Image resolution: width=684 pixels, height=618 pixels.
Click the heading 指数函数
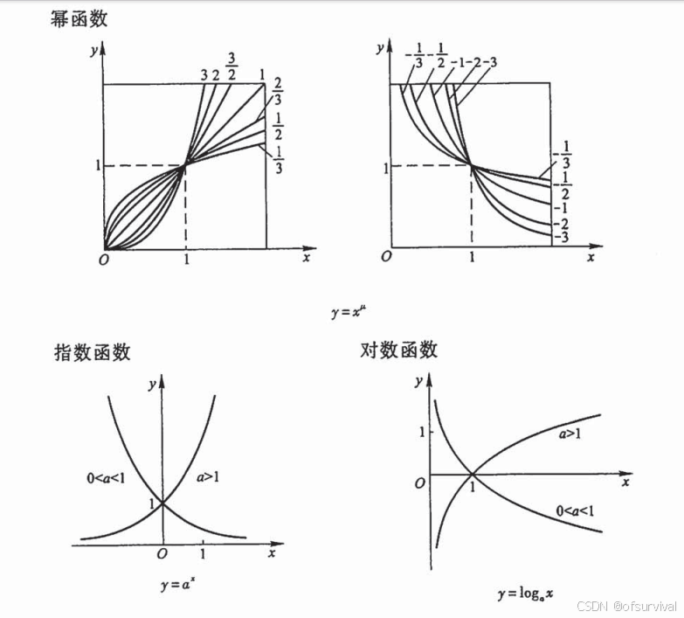(92, 352)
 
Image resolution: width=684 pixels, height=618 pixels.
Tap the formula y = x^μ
(345, 309)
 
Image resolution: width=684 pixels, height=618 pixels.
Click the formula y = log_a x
(526, 595)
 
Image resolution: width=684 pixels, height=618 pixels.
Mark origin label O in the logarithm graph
(420, 483)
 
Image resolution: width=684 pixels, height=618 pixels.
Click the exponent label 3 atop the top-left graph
(204, 75)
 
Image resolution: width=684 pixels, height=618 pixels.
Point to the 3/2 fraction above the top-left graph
(232, 66)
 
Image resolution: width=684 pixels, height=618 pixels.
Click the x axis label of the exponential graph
(273, 553)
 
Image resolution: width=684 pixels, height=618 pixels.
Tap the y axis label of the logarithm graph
(420, 380)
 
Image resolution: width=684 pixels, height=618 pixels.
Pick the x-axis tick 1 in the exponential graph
(204, 553)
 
